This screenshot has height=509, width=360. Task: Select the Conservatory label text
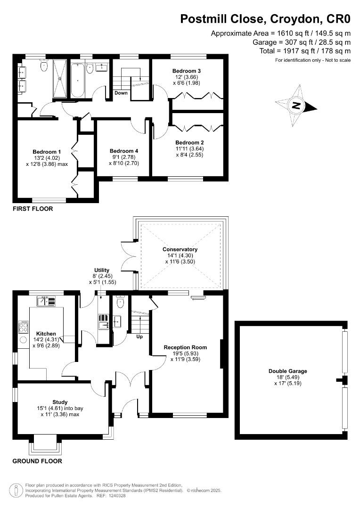tap(180, 249)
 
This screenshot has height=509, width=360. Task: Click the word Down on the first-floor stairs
tap(121, 93)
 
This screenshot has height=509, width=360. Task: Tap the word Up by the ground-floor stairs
tap(139, 337)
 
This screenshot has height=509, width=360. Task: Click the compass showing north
tap(296, 106)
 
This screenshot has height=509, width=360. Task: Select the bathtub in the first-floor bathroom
tap(77, 79)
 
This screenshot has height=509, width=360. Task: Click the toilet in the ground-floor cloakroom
tap(120, 303)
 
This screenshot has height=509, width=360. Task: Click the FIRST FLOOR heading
tap(33, 209)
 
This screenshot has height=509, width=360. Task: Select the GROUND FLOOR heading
tap(37, 461)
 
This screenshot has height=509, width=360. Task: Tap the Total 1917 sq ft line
tap(305, 51)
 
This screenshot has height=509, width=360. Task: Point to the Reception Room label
tap(186, 347)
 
